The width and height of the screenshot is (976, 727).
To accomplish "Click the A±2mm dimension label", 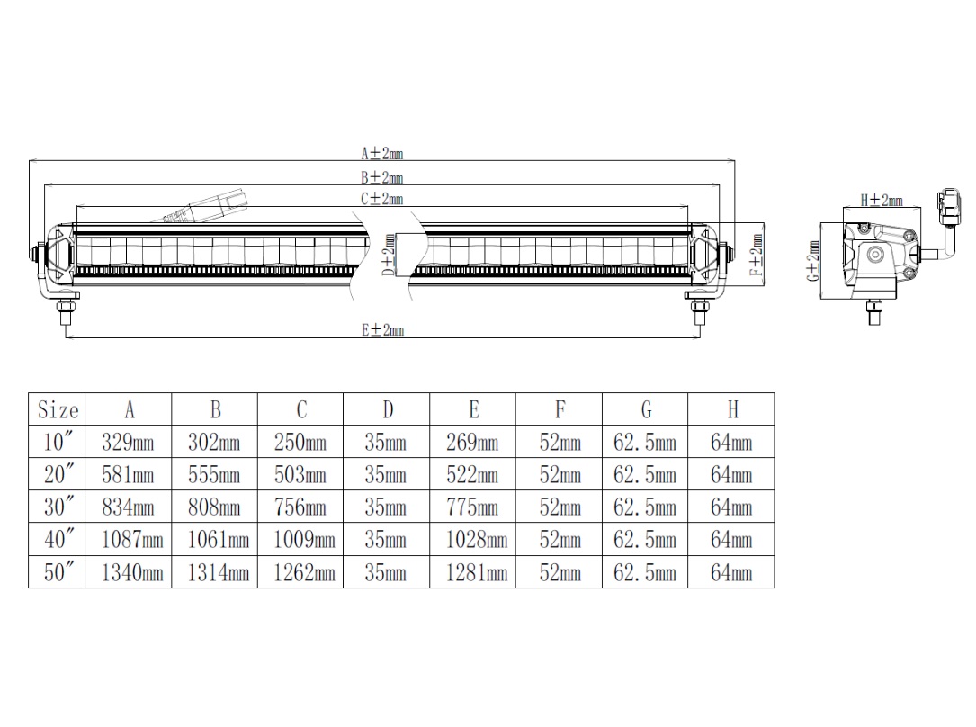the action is point(382,153).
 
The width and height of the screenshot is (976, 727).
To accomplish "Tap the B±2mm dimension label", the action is point(382,177).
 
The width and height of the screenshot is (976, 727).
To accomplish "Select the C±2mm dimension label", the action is point(382,199).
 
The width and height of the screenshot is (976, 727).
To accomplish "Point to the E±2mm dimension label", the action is point(383,330).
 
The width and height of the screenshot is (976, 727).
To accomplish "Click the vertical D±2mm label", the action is point(389,255).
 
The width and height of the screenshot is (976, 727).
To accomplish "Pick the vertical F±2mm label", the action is point(756,255).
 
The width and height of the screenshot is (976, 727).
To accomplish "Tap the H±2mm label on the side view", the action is point(882,200).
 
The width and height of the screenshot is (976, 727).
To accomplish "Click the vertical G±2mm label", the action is point(813,260).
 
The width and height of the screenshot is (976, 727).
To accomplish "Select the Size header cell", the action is point(58,409).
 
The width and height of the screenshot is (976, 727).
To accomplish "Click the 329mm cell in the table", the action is point(128,442).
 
